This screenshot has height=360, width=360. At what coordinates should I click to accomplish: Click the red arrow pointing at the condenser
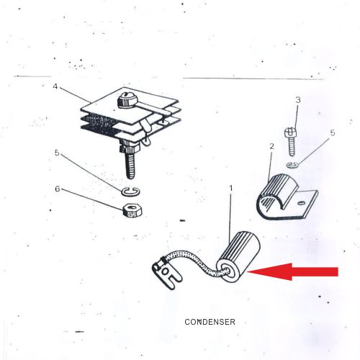[x=293, y=271]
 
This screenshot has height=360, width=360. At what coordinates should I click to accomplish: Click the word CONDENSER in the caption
[x=210, y=322]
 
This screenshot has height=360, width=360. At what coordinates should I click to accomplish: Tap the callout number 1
[x=231, y=189]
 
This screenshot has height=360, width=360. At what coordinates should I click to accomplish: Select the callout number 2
[x=271, y=146]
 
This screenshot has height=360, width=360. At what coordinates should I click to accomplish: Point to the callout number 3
[x=298, y=100]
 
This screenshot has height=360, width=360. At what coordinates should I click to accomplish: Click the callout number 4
[x=55, y=86]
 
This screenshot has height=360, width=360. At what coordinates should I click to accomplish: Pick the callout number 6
[x=58, y=189]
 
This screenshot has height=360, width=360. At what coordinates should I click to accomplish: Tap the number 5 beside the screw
[x=333, y=132]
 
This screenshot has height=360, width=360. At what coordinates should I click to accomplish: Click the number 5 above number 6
[x=57, y=153]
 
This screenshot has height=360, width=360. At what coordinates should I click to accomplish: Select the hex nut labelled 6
[x=132, y=211]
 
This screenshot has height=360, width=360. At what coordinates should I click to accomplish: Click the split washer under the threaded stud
[x=131, y=192]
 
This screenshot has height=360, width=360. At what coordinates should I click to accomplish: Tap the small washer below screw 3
[x=293, y=165]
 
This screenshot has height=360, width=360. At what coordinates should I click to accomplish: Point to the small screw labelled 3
[x=291, y=143]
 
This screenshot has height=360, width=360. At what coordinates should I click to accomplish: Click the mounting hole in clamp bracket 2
[x=302, y=203]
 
